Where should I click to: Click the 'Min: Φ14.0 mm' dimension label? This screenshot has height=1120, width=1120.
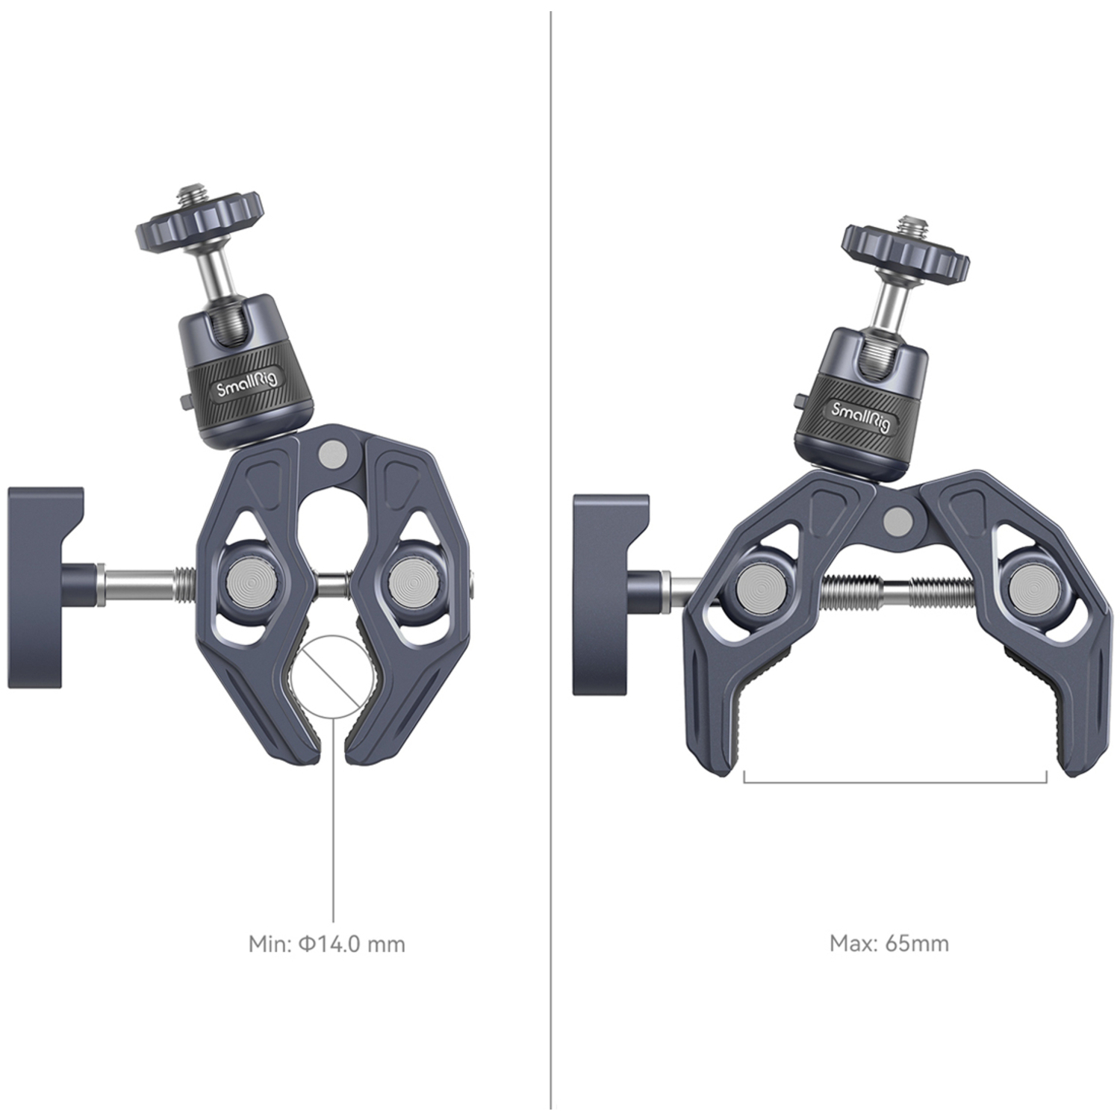(326, 944)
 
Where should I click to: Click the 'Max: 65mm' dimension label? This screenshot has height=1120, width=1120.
(889, 943)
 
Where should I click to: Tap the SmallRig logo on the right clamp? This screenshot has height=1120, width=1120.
(861, 417)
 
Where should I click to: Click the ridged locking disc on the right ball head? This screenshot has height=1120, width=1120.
(905, 253)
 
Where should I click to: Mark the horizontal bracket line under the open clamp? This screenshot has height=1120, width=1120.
(895, 783)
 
